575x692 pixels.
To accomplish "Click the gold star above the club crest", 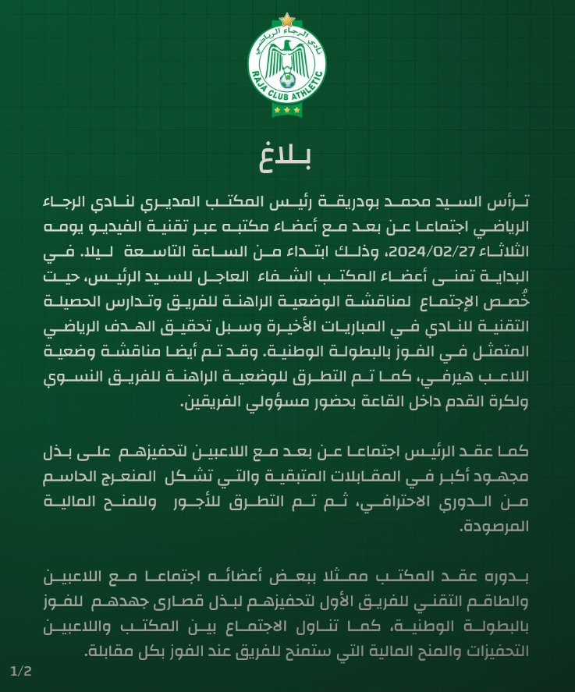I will [287, 19].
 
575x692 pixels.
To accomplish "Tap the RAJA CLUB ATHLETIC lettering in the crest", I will [287, 94].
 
